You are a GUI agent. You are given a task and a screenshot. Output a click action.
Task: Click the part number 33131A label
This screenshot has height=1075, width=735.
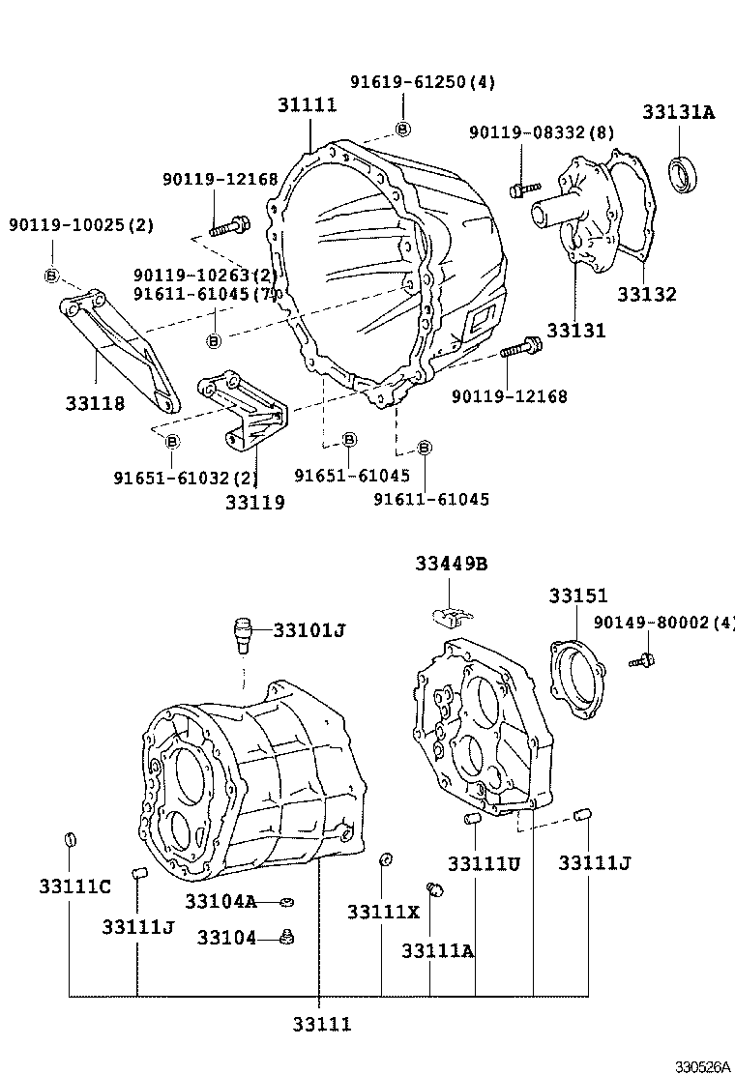(x=678, y=112)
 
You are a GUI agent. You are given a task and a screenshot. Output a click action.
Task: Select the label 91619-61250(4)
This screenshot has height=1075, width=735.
(x=422, y=82)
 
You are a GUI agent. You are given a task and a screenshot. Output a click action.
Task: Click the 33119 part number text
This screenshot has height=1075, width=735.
(x=255, y=503)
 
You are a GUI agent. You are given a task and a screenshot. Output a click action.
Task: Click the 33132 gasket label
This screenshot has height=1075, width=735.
(x=647, y=295)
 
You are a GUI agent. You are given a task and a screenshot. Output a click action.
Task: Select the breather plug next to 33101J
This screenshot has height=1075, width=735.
(x=243, y=635)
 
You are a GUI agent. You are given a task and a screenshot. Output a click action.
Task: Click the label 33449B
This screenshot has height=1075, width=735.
(x=452, y=564)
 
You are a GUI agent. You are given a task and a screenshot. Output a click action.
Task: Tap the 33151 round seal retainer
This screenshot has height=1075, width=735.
(x=578, y=679)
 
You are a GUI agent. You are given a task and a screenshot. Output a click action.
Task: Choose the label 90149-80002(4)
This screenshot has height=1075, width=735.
(x=663, y=625)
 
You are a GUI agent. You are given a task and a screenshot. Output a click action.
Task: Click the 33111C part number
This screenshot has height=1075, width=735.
(x=75, y=886)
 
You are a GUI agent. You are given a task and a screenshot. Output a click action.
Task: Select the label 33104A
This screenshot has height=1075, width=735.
(x=220, y=902)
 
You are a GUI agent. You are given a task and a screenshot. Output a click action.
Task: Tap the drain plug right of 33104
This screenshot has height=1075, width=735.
(x=285, y=936)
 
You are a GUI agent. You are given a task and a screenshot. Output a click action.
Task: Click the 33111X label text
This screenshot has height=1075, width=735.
(x=384, y=912)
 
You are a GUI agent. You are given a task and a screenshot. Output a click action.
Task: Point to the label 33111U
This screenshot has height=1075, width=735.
(x=484, y=863)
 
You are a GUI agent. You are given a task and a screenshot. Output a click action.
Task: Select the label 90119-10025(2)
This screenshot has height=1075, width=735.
(x=81, y=225)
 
